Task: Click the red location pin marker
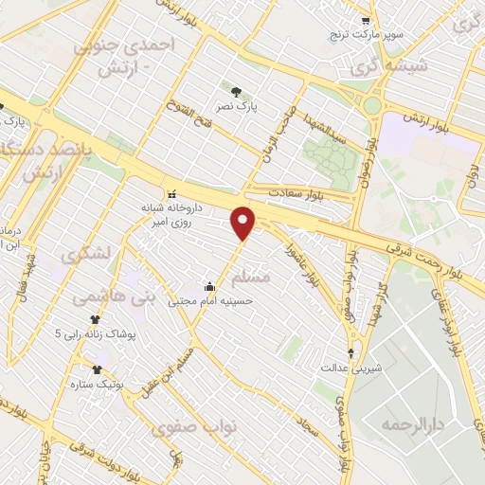pyautogui.click(x=244, y=222)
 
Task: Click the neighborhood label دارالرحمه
pyautogui.click(x=413, y=423)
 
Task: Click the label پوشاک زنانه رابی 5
pyautogui.click(x=95, y=334)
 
